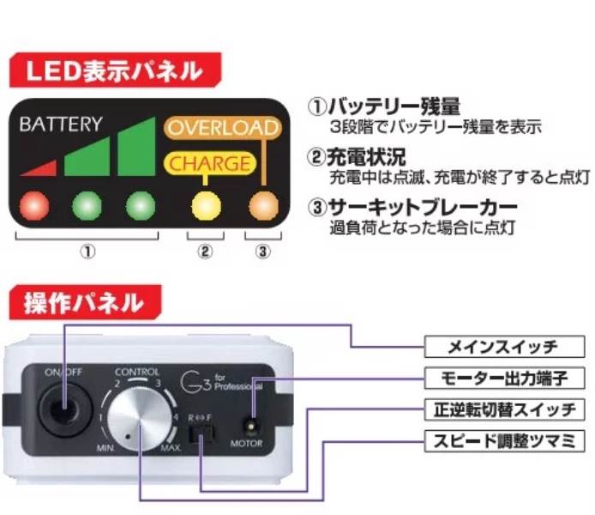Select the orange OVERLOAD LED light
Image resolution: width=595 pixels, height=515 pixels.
[x=263, y=206]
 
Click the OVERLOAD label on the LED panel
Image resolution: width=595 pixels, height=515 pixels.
[x=222, y=128]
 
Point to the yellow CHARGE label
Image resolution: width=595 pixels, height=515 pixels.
[x=209, y=162]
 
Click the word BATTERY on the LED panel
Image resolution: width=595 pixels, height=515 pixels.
[x=60, y=124]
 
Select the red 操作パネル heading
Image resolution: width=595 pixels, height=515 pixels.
[x=82, y=302]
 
